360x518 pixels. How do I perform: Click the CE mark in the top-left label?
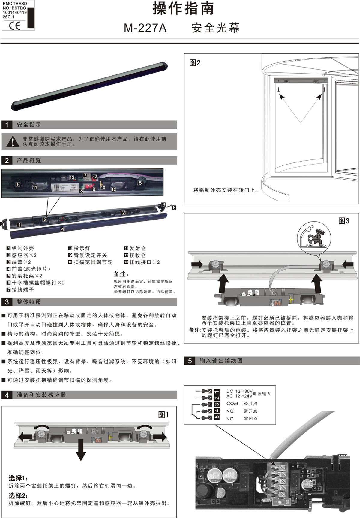click(x=14, y=26)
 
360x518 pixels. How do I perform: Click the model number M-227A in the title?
click(x=145, y=28)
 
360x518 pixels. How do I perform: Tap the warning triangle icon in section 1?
click(x=13, y=141)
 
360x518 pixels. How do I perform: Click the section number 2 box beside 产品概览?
click(x=7, y=160)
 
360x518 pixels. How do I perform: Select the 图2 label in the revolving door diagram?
click(x=195, y=63)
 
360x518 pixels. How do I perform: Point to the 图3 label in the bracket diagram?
click(x=344, y=221)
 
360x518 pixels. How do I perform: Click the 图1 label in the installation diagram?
click(x=163, y=415)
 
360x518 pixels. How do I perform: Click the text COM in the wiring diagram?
click(x=232, y=404)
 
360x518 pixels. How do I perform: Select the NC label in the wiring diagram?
click(x=230, y=419)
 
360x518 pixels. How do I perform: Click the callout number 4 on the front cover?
click(x=62, y=229)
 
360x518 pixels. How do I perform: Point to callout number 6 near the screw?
click(x=174, y=208)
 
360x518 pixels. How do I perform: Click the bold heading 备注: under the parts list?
click(x=121, y=274)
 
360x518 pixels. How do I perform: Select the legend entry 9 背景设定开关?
click(x=88, y=255)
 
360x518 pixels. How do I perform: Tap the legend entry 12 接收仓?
click(x=135, y=255)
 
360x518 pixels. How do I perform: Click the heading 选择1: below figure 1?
click(x=18, y=478)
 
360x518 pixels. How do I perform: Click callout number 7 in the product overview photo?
click(x=85, y=175)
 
